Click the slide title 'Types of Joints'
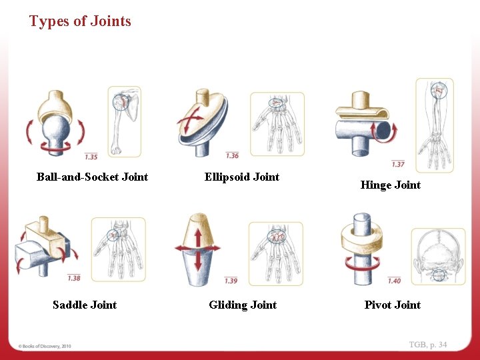(x=80, y=21)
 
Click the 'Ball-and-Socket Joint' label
(x=92, y=177)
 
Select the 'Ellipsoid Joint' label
(x=241, y=177)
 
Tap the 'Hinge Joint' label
(x=390, y=185)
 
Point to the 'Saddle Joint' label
(x=85, y=305)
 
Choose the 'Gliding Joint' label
(x=243, y=305)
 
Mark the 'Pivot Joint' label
(x=392, y=305)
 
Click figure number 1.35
(x=91, y=157)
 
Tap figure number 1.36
(x=232, y=156)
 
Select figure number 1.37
(x=398, y=164)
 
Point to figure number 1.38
(x=74, y=278)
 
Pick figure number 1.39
(x=231, y=281)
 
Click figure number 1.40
(x=394, y=281)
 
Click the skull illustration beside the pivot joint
(x=438, y=257)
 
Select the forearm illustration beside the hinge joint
(x=434, y=123)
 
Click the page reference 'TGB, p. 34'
(x=428, y=345)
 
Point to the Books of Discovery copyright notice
(x=45, y=346)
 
